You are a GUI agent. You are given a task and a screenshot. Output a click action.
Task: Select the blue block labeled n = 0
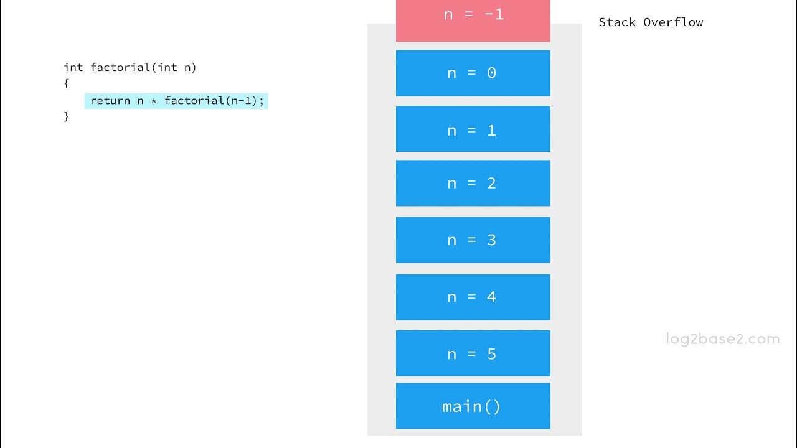click(473, 73)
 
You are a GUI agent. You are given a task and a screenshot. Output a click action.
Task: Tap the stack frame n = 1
click(473, 129)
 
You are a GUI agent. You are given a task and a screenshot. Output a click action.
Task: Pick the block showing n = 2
click(473, 183)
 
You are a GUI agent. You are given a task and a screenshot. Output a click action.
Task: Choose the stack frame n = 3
click(473, 240)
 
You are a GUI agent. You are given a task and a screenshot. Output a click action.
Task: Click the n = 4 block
click(473, 297)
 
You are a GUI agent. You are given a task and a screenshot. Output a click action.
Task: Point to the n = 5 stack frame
click(473, 353)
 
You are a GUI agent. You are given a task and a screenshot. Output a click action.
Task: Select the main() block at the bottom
click(473, 406)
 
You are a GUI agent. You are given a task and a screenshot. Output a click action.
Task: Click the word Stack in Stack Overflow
click(617, 22)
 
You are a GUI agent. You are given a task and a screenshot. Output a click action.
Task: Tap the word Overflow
click(673, 22)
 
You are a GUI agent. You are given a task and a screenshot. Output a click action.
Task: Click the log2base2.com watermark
click(722, 339)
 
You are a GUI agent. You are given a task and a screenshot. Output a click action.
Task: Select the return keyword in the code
click(110, 101)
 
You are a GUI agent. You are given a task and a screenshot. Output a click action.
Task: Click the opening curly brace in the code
click(67, 83)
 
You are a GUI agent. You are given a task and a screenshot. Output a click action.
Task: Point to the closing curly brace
click(67, 116)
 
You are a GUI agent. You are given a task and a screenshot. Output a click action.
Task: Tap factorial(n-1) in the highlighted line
click(214, 101)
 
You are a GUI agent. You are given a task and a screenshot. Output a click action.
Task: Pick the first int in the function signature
click(73, 67)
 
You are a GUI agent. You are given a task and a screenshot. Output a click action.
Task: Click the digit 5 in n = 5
click(491, 354)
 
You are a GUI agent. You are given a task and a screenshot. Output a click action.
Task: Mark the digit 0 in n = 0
click(491, 73)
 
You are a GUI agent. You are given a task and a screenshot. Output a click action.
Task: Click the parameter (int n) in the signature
click(174, 67)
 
